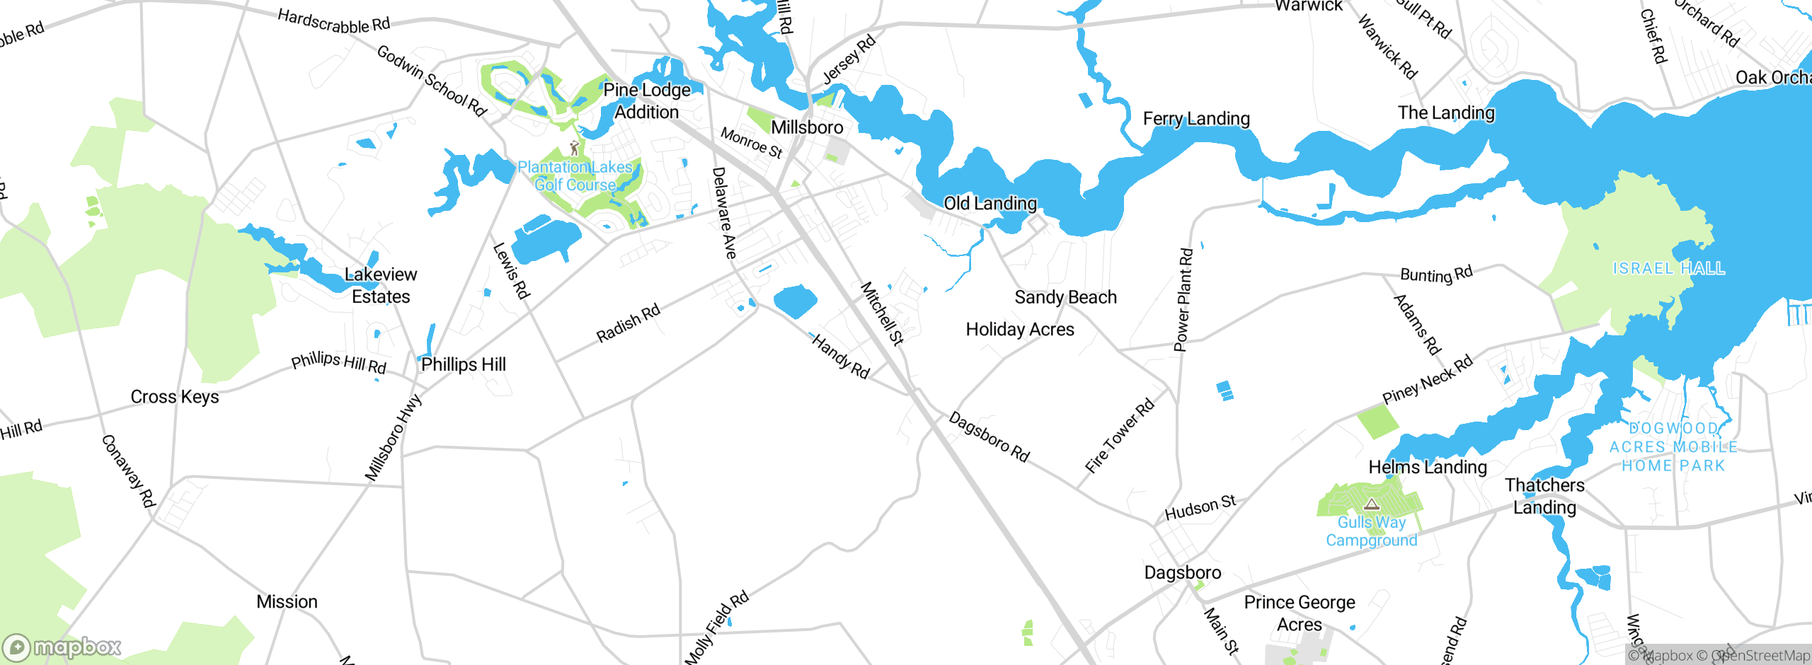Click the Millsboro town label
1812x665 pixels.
[x=807, y=128]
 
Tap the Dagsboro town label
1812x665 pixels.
[x=1183, y=573]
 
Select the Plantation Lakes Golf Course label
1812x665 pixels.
[x=575, y=176]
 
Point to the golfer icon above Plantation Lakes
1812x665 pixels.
[x=575, y=148]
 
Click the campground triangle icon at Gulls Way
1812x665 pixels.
[x=1372, y=504]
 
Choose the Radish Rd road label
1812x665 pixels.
[x=628, y=323]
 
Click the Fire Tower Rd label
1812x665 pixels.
[x=1119, y=436]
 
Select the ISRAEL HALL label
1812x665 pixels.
[x=1668, y=269]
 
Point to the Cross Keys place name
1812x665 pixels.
[x=175, y=397]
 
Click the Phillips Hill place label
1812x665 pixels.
[x=464, y=365]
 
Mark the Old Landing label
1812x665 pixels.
[x=990, y=204]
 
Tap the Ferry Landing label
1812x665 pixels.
[x=1196, y=119]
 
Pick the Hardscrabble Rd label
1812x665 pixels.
[x=333, y=21]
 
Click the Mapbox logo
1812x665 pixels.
[x=62, y=647]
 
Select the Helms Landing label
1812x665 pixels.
[x=1428, y=468]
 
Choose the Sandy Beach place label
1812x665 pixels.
[x=1065, y=298]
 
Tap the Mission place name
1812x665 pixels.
[x=287, y=602]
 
